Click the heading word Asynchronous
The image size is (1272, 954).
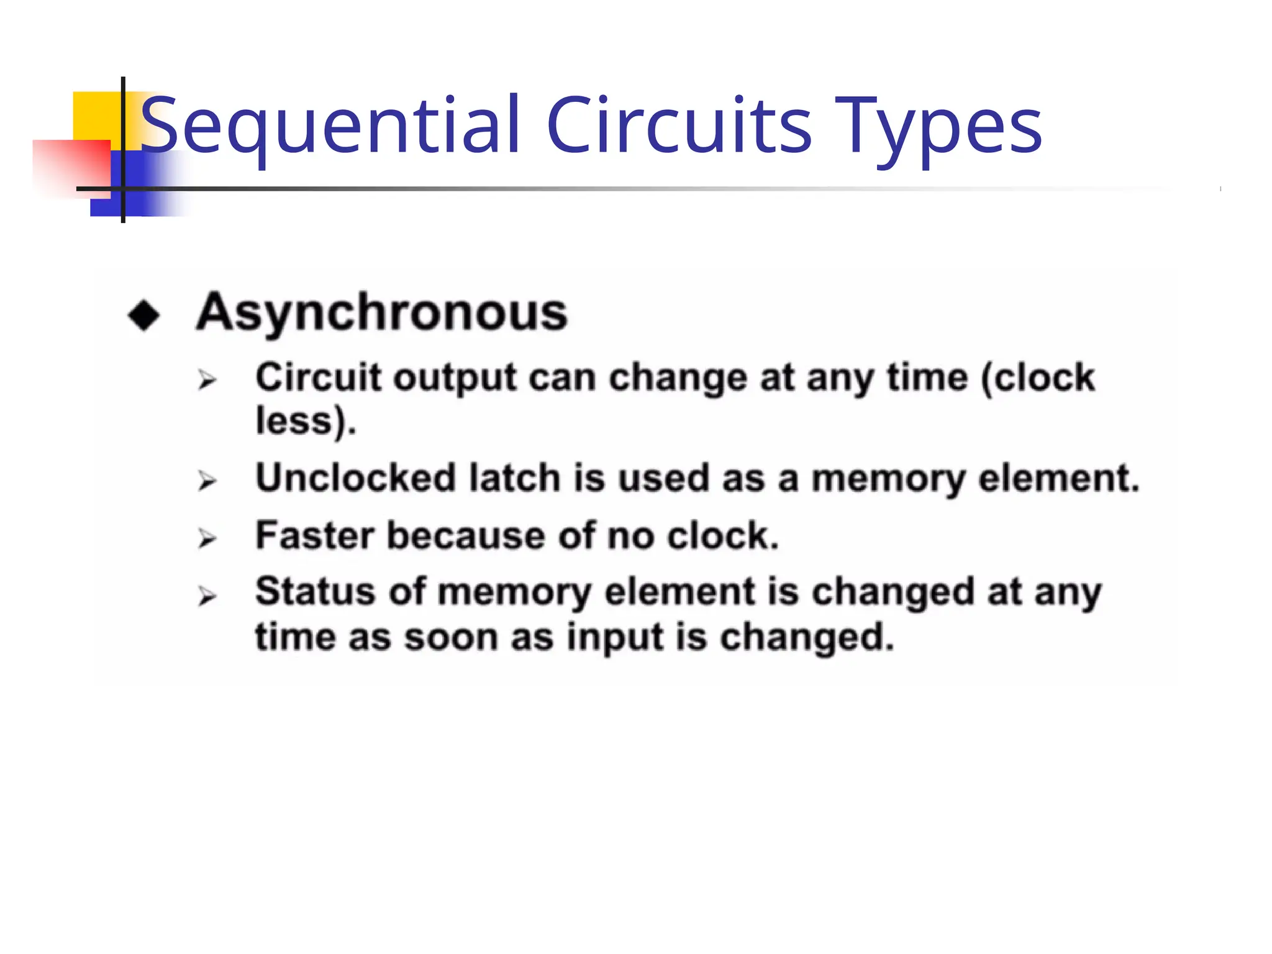pyautogui.click(x=381, y=312)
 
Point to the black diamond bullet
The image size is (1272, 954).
pyautogui.click(x=143, y=316)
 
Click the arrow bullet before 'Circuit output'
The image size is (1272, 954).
pyautogui.click(x=207, y=379)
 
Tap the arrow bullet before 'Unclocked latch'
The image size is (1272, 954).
pyautogui.click(x=207, y=481)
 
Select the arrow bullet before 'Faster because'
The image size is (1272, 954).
pyautogui.click(x=207, y=538)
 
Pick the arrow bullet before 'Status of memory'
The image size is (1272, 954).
pyautogui.click(x=207, y=596)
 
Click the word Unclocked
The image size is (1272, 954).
pyautogui.click(x=355, y=478)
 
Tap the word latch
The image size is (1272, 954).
pyautogui.click(x=514, y=478)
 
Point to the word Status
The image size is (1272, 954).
pyautogui.click(x=315, y=591)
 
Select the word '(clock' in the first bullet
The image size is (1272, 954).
pyautogui.click(x=1037, y=378)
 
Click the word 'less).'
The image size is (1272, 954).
pyautogui.click(x=306, y=422)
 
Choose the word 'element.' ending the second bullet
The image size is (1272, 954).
pyautogui.click(x=1059, y=478)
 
